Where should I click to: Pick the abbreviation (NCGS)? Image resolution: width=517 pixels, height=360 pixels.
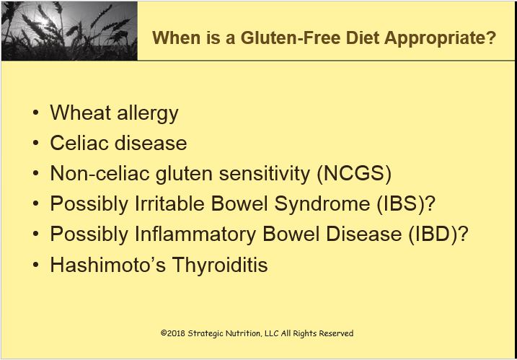click(x=355, y=174)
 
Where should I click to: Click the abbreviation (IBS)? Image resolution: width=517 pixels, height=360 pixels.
click(x=405, y=204)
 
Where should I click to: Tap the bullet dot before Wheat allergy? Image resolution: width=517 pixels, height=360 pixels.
click(x=36, y=113)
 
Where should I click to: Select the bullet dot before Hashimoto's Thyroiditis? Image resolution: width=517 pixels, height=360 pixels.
click(x=36, y=265)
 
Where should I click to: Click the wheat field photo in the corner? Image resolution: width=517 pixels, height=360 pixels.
click(x=69, y=30)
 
